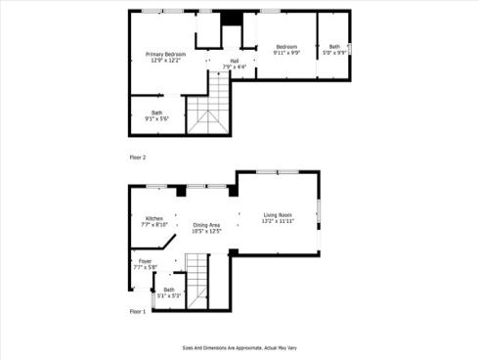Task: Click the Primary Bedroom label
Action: pos(166,53)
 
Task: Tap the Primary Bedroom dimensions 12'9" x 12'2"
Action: pos(166,60)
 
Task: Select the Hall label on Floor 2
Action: pos(235,61)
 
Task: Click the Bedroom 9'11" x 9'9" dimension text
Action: pos(285,53)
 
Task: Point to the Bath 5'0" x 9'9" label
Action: pos(335,47)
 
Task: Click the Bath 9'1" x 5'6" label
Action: pos(156,112)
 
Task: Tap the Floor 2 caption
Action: pos(138,157)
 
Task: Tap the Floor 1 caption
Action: pos(138,311)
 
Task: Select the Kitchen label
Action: pos(154,218)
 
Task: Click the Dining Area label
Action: pos(206,225)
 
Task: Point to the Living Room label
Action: pos(278,215)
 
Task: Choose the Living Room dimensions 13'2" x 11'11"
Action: pos(278,222)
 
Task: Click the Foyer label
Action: pos(145,261)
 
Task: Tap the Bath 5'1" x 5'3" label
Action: pos(168,289)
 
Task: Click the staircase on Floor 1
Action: pos(198,279)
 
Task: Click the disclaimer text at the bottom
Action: pos(239,346)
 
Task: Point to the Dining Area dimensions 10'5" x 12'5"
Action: pos(206,232)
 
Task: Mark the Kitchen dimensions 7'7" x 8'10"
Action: pos(154,225)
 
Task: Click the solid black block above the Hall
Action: pos(231,18)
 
